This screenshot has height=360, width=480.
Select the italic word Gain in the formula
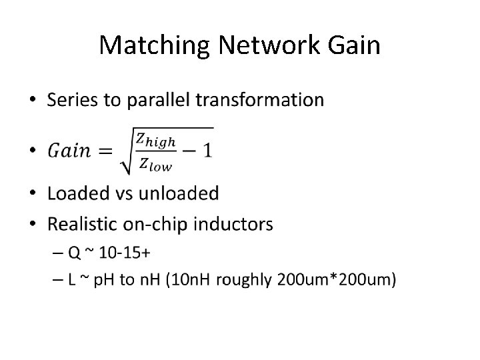pyautogui.click(x=69, y=149)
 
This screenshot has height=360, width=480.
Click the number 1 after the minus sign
pyautogui.click(x=208, y=149)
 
